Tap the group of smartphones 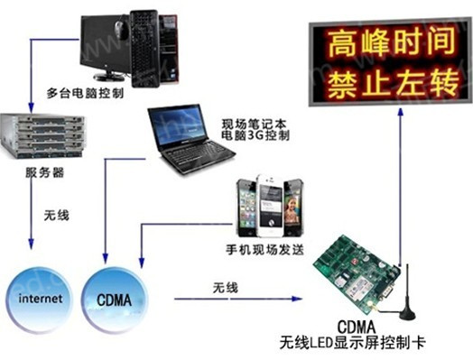click(269, 207)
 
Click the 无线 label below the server click(55, 216)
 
